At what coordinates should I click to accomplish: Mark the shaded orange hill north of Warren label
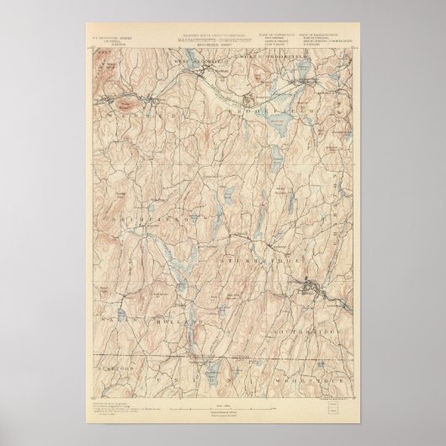[x=126, y=98]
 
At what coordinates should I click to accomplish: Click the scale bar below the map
[x=222, y=407]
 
